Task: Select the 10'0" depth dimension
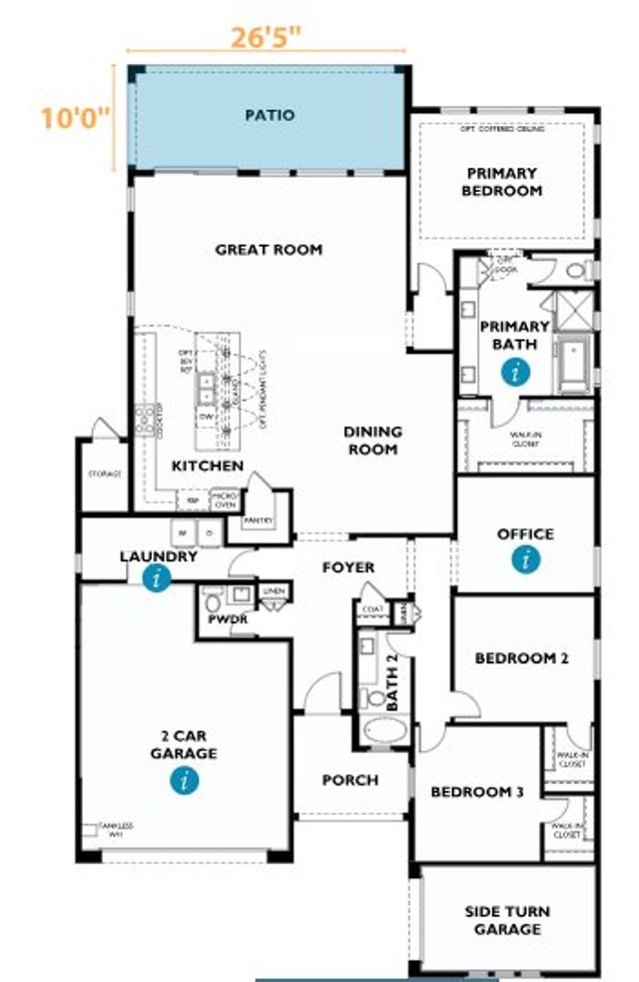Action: coord(75,118)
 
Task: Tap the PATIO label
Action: coord(270,115)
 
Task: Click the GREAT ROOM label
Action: coord(269,249)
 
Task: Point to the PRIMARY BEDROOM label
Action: coord(501,182)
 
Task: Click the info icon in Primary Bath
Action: coord(515,374)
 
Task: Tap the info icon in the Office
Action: coord(525,560)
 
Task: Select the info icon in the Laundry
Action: coord(156,577)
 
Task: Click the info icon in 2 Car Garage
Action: coord(183,780)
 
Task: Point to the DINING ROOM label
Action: coord(372,441)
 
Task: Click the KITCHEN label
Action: coord(207,467)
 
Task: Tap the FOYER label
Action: coord(347,567)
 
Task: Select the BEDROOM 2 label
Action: coord(521,658)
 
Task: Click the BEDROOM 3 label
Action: coord(476,792)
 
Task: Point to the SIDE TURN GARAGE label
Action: coord(507,920)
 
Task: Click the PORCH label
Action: coord(349,779)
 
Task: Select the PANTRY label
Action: coord(258,519)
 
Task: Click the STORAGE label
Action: coord(103,475)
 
